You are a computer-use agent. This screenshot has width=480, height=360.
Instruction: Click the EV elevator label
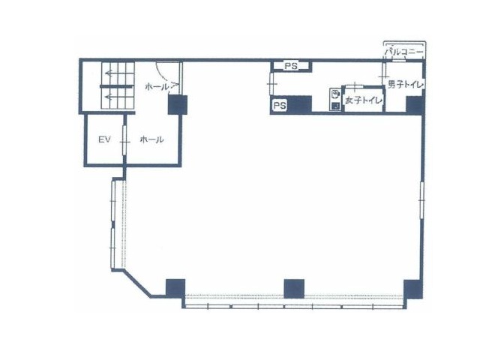coord(104,140)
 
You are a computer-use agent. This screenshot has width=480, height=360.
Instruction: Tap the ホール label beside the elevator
coord(151,140)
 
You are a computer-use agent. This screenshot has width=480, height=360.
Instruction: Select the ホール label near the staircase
coord(157,87)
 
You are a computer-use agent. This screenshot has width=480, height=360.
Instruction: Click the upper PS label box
coord(291,66)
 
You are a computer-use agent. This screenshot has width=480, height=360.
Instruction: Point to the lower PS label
coord(280,106)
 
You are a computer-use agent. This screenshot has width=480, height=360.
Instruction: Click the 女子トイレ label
coord(363,100)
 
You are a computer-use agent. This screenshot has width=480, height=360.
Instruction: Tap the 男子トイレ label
coord(406,85)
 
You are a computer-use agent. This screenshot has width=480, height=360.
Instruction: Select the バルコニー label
coord(404,52)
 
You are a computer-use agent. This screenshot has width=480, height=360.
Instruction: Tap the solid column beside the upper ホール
coord(178,105)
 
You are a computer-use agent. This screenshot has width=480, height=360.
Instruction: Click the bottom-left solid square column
coord(175,288)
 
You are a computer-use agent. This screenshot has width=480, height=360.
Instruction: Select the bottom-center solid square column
coord(294,288)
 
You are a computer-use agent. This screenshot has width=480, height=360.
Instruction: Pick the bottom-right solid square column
coord(413,289)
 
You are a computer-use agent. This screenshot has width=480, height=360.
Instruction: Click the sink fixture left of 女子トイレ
coord(335,99)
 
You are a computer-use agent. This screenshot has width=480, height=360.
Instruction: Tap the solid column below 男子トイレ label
coord(415,104)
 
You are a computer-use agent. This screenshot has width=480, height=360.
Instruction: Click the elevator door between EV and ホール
coord(124,140)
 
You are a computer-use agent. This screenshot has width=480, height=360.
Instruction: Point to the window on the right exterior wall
coord(421,200)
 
